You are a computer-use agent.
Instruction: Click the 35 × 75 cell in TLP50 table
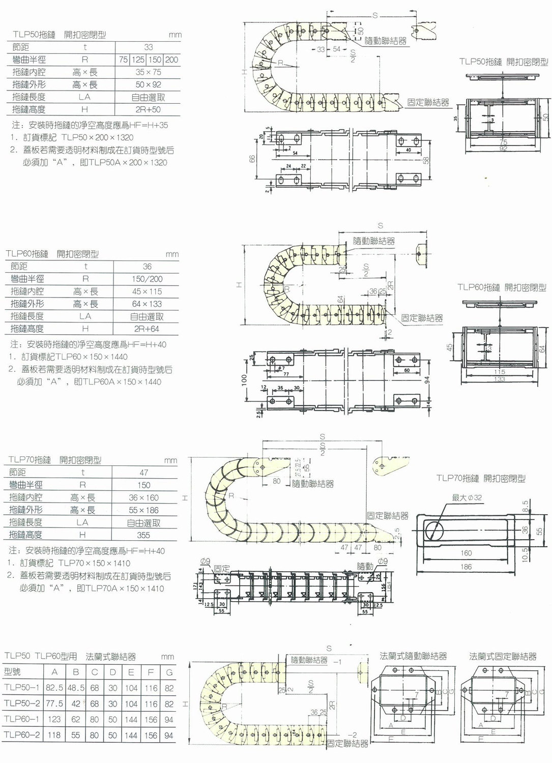click(148, 72)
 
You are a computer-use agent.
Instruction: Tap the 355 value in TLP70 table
click(143, 535)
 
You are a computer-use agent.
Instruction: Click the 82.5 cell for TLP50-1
click(54, 688)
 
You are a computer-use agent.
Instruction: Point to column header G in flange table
click(169, 672)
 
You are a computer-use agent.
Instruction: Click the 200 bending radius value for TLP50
click(171, 60)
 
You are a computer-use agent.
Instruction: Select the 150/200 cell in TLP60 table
click(147, 279)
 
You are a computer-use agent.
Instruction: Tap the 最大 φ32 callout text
click(467, 497)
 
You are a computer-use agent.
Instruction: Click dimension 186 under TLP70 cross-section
click(466, 567)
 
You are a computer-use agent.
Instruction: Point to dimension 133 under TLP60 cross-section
click(500, 379)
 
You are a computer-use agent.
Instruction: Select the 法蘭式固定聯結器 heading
click(503, 657)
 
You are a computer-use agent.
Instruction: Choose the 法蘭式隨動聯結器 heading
click(413, 657)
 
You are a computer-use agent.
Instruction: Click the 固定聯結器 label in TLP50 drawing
click(428, 103)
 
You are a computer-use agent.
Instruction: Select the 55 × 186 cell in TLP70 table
click(143, 510)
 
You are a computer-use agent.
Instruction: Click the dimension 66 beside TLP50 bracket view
click(252, 159)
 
